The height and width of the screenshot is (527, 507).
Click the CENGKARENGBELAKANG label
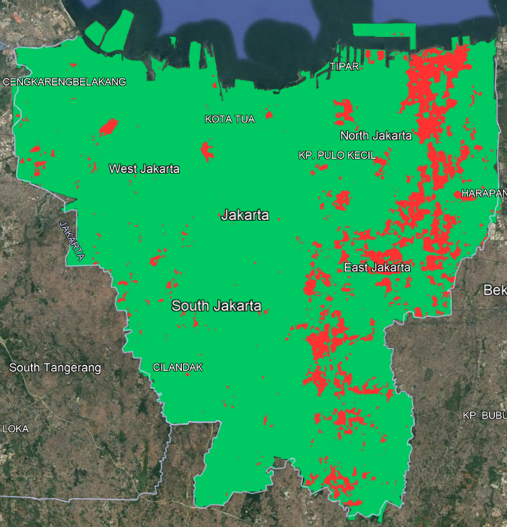click(x=65, y=82)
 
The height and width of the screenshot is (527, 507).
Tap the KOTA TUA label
click(x=230, y=119)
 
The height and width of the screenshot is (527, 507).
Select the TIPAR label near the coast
click(x=344, y=67)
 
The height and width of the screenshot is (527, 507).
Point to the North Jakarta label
click(x=376, y=135)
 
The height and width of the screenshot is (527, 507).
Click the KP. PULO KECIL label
click(x=337, y=155)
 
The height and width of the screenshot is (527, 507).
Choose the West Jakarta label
click(x=144, y=168)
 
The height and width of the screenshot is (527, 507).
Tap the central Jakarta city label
click(x=245, y=215)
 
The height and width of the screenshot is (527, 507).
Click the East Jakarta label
click(x=377, y=267)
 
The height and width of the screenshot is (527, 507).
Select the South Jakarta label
click(x=216, y=306)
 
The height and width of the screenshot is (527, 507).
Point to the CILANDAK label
click(x=178, y=367)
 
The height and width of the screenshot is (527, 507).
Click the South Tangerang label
click(x=55, y=367)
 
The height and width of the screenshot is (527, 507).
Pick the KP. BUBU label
click(x=484, y=415)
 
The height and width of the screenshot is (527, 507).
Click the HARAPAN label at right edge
click(x=483, y=193)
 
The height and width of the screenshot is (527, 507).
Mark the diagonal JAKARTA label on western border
click(x=72, y=240)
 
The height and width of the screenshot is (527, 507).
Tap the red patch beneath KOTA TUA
click(x=207, y=151)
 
